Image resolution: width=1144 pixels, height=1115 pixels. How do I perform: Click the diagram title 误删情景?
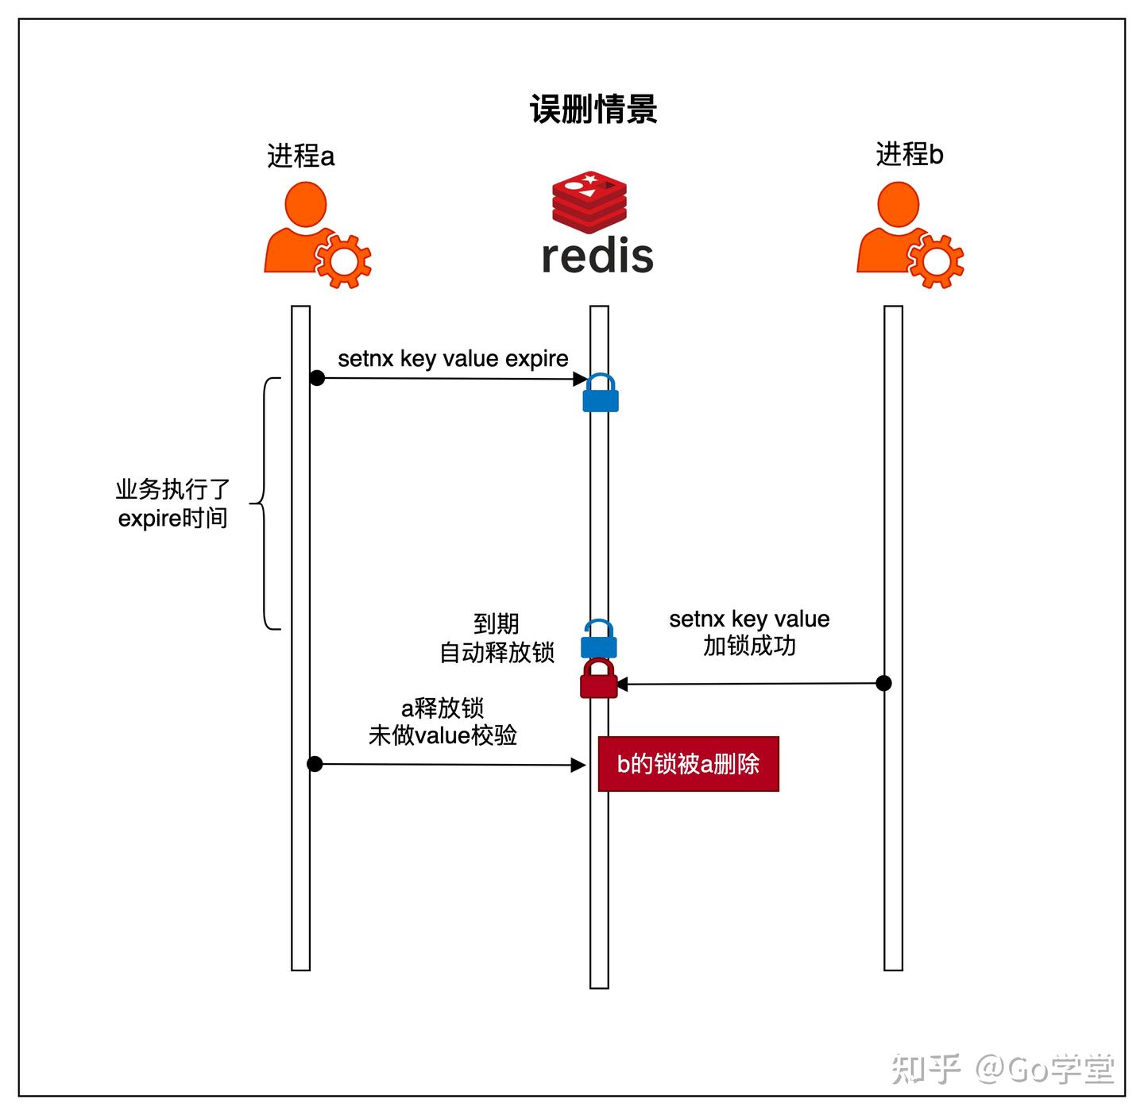pyautogui.click(x=593, y=109)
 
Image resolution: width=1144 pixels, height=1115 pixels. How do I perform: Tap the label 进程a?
pyautogui.click(x=300, y=156)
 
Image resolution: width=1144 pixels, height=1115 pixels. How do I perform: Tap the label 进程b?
pyautogui.click(x=910, y=154)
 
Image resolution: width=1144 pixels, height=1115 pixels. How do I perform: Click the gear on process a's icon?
pyautogui.click(x=343, y=260)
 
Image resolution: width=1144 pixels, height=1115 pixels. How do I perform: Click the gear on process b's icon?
pyautogui.click(x=936, y=260)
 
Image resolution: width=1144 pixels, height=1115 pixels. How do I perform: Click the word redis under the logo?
pyautogui.click(x=597, y=256)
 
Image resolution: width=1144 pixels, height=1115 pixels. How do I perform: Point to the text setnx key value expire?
pyautogui.click(x=453, y=358)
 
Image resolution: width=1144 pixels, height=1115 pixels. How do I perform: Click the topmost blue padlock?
pyautogui.click(x=601, y=393)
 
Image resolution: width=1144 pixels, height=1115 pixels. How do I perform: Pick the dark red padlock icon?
pyautogui.click(x=598, y=679)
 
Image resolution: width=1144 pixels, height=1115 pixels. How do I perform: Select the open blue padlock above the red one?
pyautogui.click(x=599, y=639)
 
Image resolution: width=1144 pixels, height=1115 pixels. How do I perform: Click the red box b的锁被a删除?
pyautogui.click(x=688, y=764)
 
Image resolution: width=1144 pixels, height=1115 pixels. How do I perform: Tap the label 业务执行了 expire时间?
pyautogui.click(x=172, y=503)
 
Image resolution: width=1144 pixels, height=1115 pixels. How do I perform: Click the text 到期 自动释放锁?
pyautogui.click(x=497, y=638)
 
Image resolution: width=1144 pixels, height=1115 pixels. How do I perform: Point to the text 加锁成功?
pyautogui.click(x=749, y=646)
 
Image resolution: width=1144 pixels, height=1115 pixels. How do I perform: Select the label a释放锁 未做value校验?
pyautogui.click(x=443, y=721)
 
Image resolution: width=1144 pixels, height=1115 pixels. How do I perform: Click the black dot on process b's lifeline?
pyautogui.click(x=883, y=683)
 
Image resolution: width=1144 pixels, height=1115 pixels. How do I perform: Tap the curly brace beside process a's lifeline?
pyautogui.click(x=266, y=503)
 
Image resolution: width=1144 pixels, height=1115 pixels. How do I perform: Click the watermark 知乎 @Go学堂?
pyautogui.click(x=1003, y=1069)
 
